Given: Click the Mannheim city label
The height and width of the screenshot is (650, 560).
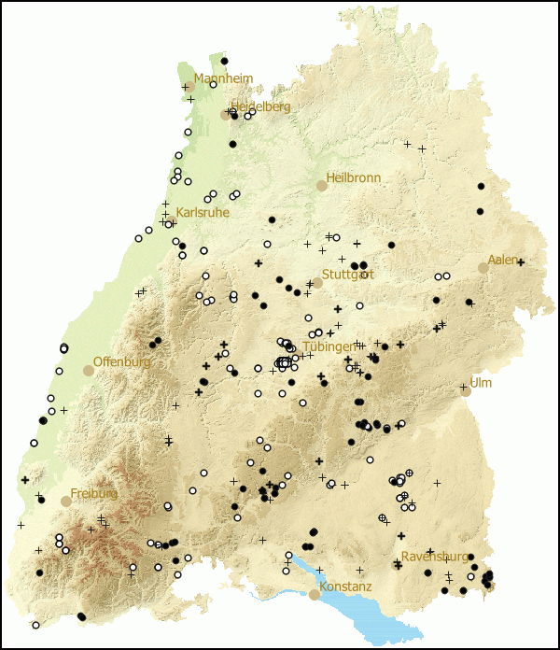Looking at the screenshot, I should [x=223, y=78].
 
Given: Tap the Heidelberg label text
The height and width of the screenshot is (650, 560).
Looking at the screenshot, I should [x=260, y=106].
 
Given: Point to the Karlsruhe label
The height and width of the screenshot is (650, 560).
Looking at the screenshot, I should [x=202, y=213].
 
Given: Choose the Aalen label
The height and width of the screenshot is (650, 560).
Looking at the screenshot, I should [x=502, y=260].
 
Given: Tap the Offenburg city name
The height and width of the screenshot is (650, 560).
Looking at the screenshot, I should [x=121, y=361].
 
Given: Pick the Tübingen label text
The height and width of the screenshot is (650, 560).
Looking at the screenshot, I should [x=329, y=346].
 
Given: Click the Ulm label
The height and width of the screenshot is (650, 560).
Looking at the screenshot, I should [x=481, y=383].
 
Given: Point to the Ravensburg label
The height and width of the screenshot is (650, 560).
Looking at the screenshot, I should [x=432, y=557].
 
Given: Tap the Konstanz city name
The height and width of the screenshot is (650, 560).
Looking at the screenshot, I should [x=345, y=586].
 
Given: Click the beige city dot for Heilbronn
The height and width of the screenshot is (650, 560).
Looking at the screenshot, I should [x=322, y=186].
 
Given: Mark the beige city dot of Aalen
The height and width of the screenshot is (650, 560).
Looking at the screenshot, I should [x=483, y=268].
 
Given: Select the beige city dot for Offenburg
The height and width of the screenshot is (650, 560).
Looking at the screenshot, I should [x=89, y=371].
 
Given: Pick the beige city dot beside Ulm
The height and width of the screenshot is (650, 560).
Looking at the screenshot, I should [x=466, y=391].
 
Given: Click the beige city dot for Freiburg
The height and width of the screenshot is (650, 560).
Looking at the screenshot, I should [x=66, y=502].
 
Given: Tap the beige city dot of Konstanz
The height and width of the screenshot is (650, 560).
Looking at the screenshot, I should [x=315, y=594].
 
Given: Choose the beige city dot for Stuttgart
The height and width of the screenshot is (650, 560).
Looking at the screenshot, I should [x=317, y=282].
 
